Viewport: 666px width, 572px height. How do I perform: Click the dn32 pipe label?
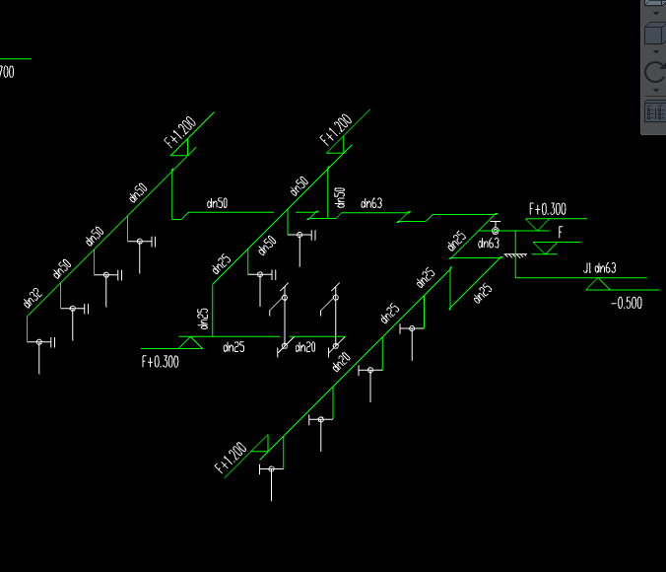point(32,298)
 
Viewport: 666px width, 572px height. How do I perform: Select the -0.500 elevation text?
point(627,303)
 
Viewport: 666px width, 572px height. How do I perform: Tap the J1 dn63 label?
point(599,268)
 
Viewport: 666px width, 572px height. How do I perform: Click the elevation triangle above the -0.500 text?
point(596,284)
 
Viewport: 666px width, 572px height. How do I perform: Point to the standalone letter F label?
point(561,232)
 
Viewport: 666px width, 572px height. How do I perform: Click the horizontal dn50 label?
point(217,203)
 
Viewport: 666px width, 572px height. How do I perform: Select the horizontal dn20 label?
point(303,346)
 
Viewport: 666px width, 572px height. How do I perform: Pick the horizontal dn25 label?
point(233,346)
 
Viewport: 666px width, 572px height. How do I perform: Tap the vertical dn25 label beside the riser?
point(203,319)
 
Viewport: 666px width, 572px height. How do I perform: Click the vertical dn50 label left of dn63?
point(340,198)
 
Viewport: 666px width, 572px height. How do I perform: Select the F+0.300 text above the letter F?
point(548,209)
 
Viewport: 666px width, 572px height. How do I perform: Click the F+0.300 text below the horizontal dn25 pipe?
point(160,362)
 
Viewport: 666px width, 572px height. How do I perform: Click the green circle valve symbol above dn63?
point(495,231)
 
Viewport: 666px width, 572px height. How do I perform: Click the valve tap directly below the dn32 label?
point(40,342)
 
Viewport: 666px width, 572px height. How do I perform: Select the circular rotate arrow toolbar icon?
point(654,72)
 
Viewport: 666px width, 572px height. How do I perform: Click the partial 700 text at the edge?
point(6,71)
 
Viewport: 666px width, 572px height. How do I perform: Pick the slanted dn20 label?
point(341,362)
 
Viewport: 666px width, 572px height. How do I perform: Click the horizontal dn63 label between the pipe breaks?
point(371,204)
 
